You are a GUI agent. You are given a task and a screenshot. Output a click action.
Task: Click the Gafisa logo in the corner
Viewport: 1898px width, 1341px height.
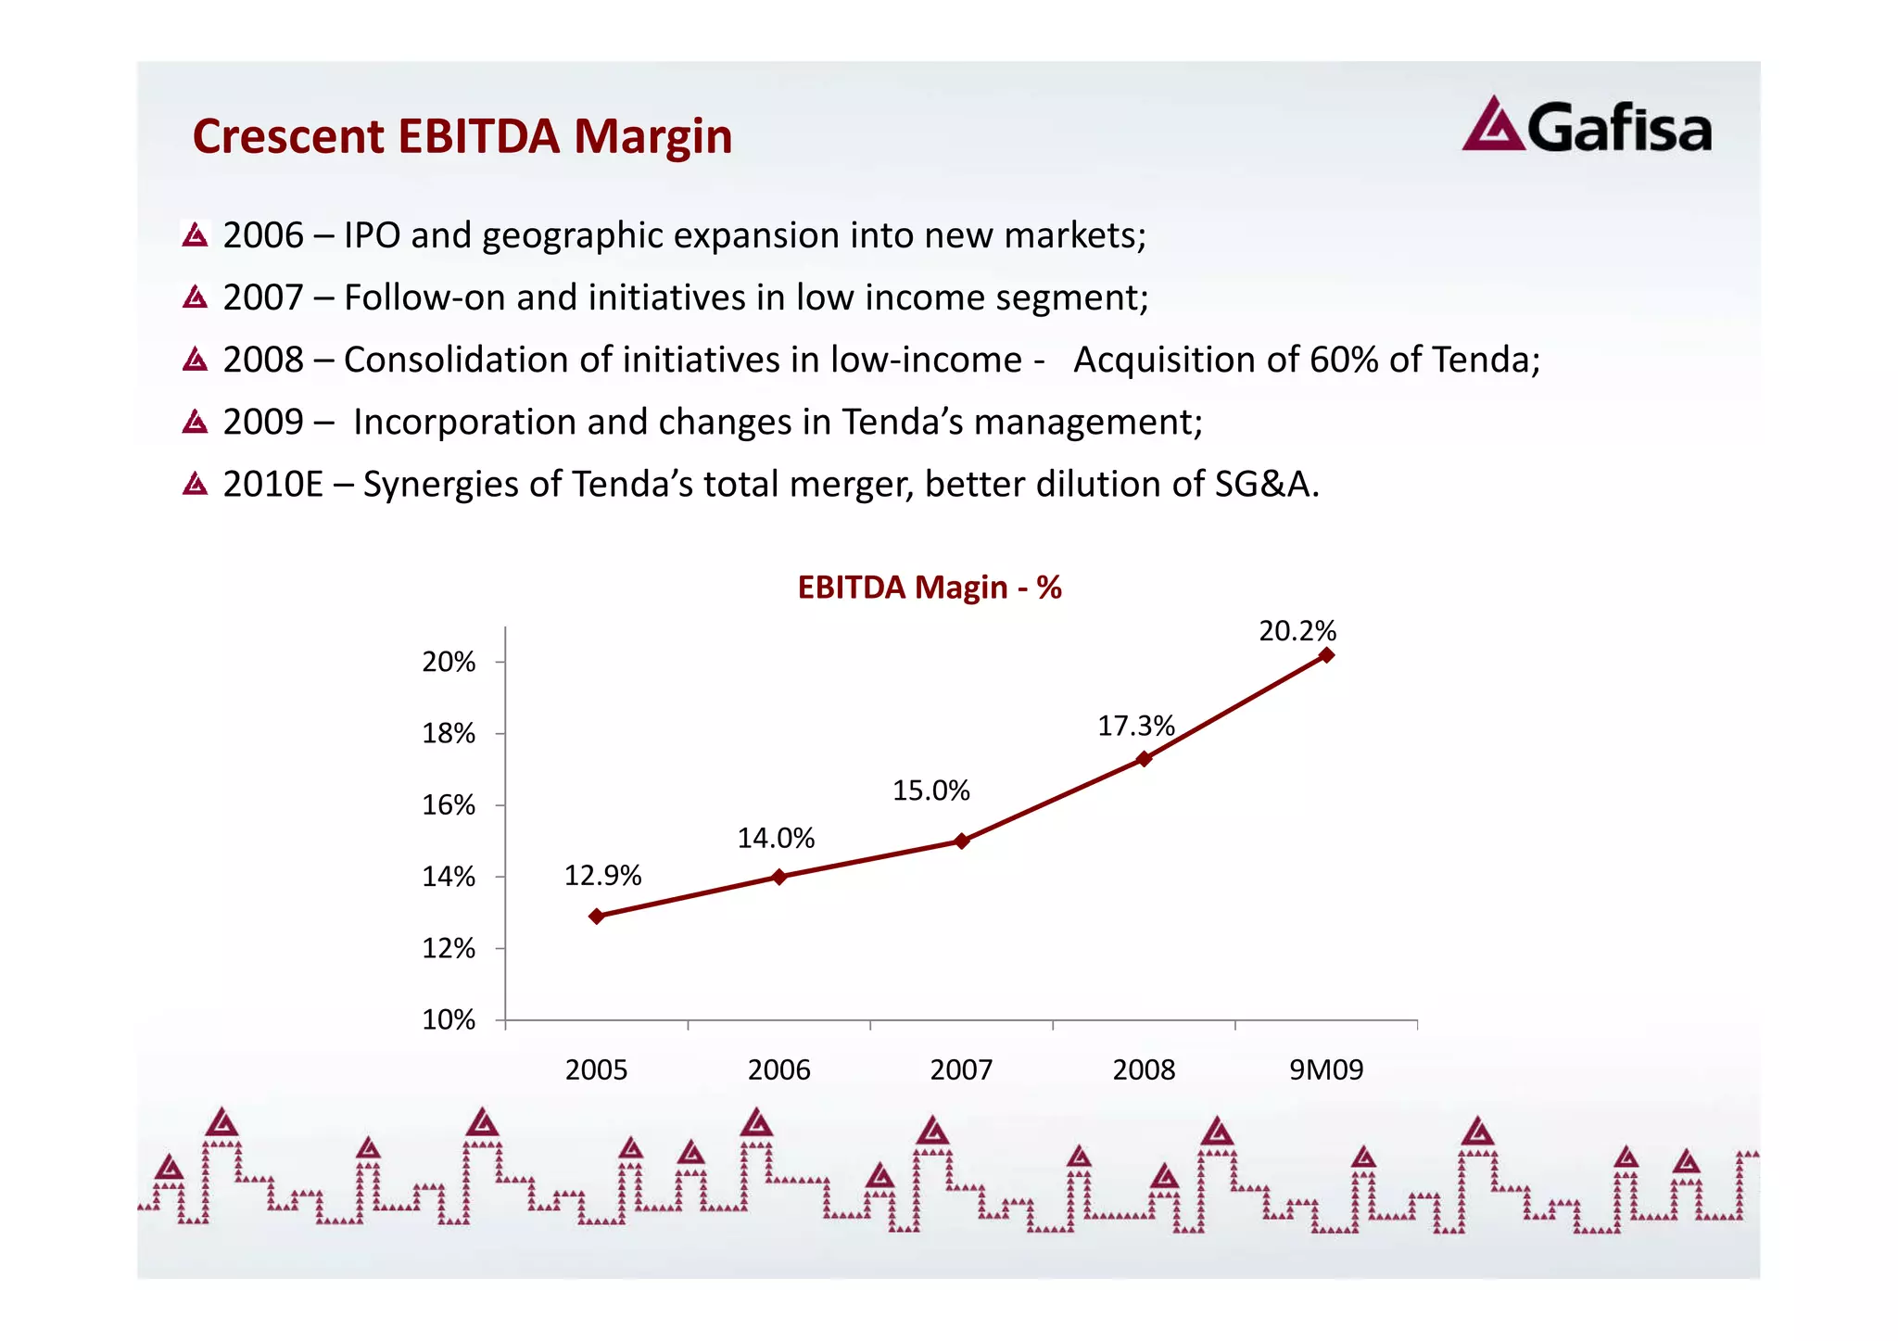[x=1586, y=126]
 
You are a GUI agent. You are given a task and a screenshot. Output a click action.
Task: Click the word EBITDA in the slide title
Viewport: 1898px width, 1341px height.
[x=478, y=136]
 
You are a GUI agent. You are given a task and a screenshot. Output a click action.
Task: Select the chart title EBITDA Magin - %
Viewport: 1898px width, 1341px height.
[x=929, y=588]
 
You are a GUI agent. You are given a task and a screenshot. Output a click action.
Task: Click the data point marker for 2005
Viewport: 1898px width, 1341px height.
[x=597, y=916]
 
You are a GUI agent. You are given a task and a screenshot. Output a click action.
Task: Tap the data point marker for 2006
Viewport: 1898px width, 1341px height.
[x=778, y=877]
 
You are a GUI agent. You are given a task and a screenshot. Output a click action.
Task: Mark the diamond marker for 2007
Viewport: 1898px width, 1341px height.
[x=961, y=841]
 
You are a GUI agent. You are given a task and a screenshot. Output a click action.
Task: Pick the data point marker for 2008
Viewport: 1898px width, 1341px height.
[x=1144, y=758]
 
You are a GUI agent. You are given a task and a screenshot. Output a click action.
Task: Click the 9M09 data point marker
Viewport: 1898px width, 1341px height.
[x=1326, y=655]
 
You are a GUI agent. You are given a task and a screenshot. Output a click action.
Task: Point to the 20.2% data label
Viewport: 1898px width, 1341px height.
[x=1297, y=631]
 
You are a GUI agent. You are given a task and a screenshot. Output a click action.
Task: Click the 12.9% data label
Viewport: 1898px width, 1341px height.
[x=602, y=875]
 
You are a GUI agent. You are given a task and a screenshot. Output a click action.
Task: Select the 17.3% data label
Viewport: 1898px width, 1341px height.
[x=1135, y=726]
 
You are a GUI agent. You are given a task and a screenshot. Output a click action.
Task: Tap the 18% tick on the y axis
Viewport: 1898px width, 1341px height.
[x=449, y=734]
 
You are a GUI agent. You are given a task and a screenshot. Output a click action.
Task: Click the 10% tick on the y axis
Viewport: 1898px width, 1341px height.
[x=449, y=1020]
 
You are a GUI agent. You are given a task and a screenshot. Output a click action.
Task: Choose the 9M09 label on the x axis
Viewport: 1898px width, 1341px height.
[x=1326, y=1070]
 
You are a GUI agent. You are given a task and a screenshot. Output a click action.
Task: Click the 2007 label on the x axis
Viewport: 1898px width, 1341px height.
[x=961, y=1070]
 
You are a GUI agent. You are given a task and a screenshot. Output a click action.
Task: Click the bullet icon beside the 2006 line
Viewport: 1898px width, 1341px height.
[x=195, y=235]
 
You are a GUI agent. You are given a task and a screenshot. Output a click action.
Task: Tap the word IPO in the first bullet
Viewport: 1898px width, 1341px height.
[x=372, y=235]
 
